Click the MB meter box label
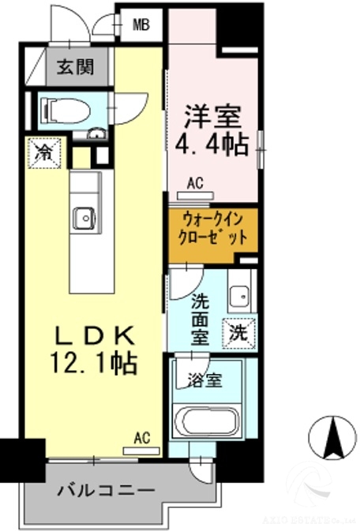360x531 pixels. point(141,24)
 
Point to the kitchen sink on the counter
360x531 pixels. point(83,218)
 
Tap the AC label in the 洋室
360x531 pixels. point(195,183)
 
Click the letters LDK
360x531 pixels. point(100,335)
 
